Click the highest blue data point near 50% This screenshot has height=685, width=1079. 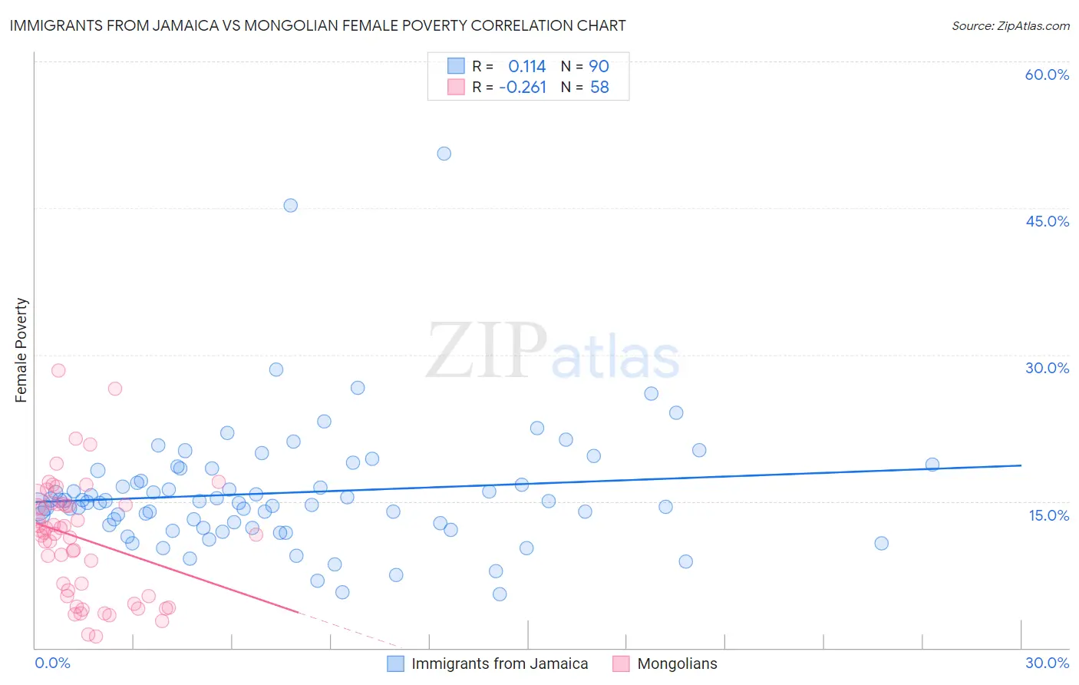click(x=444, y=154)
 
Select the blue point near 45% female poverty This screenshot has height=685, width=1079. click(x=290, y=205)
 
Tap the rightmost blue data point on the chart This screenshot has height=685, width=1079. click(x=932, y=464)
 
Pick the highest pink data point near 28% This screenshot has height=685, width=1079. click(x=58, y=370)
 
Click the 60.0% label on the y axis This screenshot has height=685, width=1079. click(x=1047, y=74)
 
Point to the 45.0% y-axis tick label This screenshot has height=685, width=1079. click(x=1047, y=221)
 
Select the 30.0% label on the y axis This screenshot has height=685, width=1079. click(x=1047, y=368)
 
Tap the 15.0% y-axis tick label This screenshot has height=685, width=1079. click(x=1048, y=515)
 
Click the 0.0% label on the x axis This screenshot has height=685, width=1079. click(x=52, y=663)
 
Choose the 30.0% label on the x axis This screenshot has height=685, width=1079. click(x=1047, y=663)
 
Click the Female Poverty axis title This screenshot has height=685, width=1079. click(x=21, y=350)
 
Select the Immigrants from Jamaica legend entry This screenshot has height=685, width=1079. click(x=499, y=663)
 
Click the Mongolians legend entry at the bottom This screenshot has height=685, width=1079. click(x=677, y=663)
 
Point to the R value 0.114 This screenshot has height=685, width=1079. click(x=526, y=66)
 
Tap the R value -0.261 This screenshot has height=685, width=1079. click(x=523, y=88)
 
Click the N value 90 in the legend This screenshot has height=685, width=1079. click(x=599, y=66)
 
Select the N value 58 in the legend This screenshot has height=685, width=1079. click(x=599, y=88)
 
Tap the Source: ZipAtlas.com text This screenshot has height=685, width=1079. click(x=1010, y=25)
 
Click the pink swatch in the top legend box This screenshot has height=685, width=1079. click(x=456, y=87)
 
